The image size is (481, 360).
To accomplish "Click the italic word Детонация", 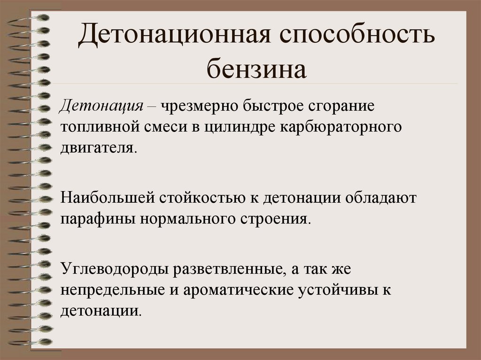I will point(101,105).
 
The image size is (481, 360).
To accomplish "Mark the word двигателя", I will point(99,148).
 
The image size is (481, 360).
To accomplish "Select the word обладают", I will point(381,198).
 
